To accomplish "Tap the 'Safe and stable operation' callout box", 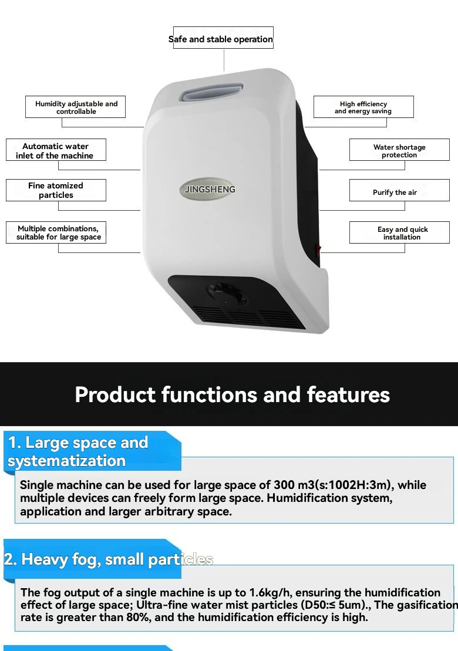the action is (x=223, y=38).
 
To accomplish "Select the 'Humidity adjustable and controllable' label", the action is (x=75, y=107).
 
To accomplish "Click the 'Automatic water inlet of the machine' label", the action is (x=56, y=150).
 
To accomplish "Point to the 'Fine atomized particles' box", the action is (x=56, y=190).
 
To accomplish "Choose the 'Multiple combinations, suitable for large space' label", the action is (x=56, y=232).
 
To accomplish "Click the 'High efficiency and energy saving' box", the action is (x=363, y=107).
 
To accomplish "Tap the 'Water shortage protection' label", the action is (x=399, y=150).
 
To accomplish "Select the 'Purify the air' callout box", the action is (x=399, y=190).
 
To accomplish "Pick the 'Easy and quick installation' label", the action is (x=399, y=232).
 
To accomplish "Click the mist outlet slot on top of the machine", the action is (x=212, y=92).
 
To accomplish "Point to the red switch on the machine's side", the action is (x=318, y=249).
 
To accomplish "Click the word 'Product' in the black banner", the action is (x=115, y=394).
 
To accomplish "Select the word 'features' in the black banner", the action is (x=348, y=394).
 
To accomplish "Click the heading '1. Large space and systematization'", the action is (x=78, y=452).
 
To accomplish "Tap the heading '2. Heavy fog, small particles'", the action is (x=109, y=559).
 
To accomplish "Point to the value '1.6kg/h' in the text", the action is (x=270, y=592).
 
